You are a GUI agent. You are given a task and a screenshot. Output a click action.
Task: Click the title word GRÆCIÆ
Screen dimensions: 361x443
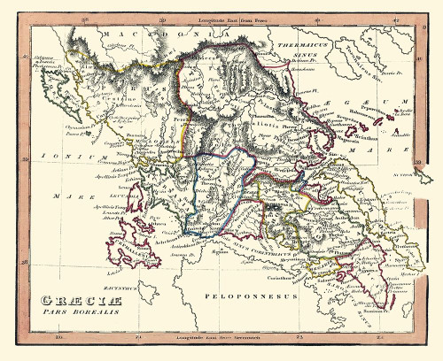[x=72, y=299]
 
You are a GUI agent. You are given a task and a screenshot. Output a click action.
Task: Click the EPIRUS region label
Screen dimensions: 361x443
[x=115, y=88]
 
